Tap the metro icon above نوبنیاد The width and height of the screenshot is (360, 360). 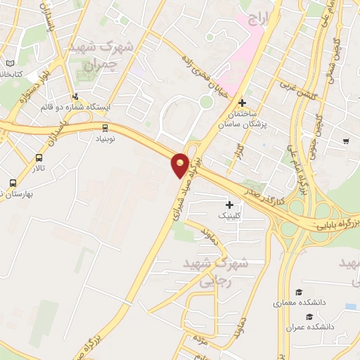pyautogui.click(x=105, y=128)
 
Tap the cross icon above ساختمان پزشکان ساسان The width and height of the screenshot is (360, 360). pyautogui.click(x=243, y=103)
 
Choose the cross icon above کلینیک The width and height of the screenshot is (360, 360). pyautogui.click(x=230, y=205)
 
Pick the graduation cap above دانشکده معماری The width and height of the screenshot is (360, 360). pyautogui.click(x=298, y=292)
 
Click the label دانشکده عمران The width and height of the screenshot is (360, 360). pyautogui.click(x=309, y=327)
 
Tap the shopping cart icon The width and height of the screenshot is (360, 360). pyautogui.click(x=345, y=141)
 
